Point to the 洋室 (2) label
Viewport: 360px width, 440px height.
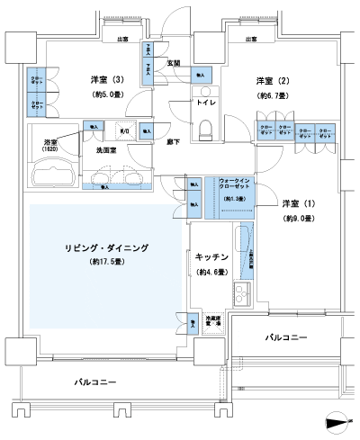266,78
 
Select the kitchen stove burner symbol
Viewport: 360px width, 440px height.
241,292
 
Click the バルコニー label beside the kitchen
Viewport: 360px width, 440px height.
286,337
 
